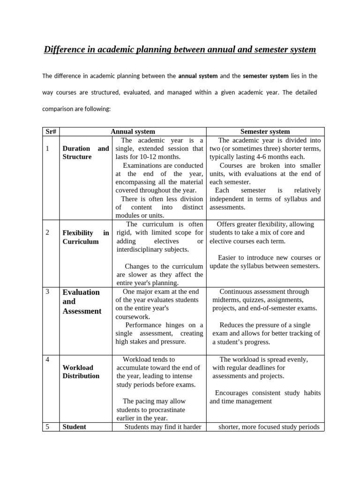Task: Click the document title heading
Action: pyautogui.click(x=180, y=49)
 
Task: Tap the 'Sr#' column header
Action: pyautogui.click(x=51, y=132)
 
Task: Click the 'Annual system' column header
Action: pyautogui.click(x=133, y=132)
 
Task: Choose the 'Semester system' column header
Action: pyautogui.click(x=265, y=132)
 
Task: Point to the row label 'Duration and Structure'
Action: pyautogui.click(x=85, y=153)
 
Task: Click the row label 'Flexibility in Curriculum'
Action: pyautogui.click(x=85, y=237)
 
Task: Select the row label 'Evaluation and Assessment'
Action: pyautogui.click(x=82, y=301)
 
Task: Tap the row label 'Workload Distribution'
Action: pyautogui.click(x=81, y=372)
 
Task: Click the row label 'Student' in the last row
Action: pyautogui.click(x=75, y=427)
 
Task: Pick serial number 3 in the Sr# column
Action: pyautogui.click(x=48, y=292)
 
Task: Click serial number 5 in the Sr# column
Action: pyautogui.click(x=48, y=427)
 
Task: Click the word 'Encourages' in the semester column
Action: pyautogui.click(x=232, y=393)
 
